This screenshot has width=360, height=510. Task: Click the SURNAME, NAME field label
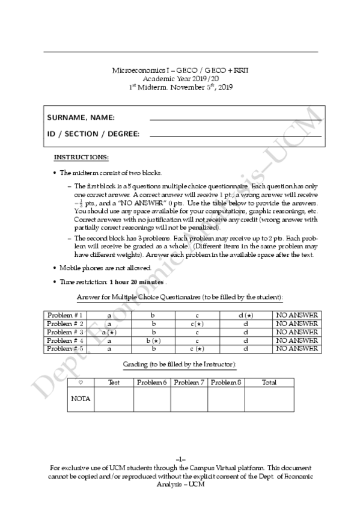(x=81, y=117)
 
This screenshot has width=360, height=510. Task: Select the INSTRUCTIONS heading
(x=81, y=158)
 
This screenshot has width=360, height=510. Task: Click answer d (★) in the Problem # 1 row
(x=245, y=315)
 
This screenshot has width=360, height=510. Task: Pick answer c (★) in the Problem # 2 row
(x=197, y=323)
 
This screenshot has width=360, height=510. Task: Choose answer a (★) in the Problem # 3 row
(x=109, y=331)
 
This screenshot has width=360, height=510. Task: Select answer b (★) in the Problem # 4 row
(x=153, y=340)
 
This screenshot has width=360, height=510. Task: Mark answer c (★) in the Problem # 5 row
(x=197, y=348)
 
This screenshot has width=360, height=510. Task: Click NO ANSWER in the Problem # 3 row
(x=297, y=331)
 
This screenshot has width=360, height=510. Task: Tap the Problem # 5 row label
(x=65, y=348)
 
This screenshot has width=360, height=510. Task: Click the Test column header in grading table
(x=114, y=382)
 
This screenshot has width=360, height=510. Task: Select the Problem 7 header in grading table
(x=190, y=382)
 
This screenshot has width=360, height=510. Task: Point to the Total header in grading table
(x=269, y=382)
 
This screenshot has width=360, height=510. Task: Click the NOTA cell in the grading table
(x=81, y=398)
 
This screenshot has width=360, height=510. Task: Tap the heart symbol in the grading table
(x=81, y=382)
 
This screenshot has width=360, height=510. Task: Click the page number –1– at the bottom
(x=180, y=459)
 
